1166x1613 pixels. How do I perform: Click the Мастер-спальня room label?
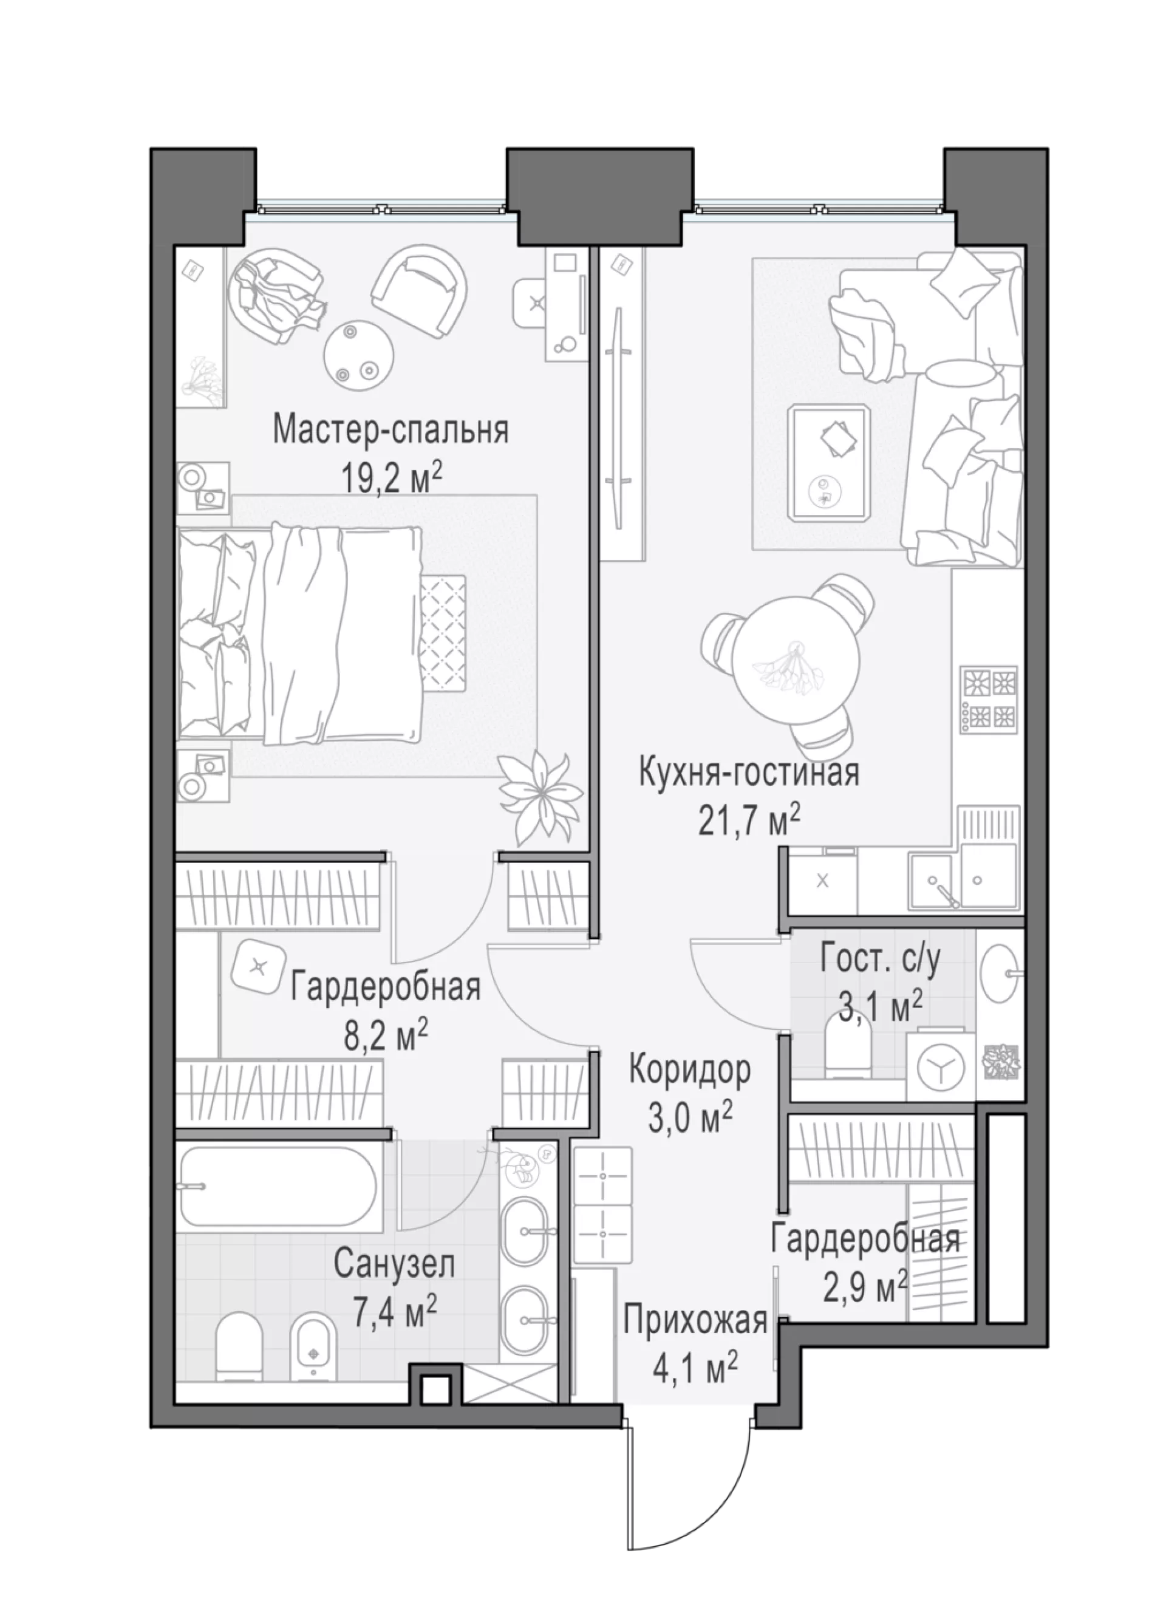point(391,431)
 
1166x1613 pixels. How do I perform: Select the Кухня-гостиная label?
point(749,772)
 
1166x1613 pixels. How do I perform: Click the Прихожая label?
point(695,1321)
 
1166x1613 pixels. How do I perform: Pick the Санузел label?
point(395,1264)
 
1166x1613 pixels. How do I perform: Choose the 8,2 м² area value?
point(386,1036)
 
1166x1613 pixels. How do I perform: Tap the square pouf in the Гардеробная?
point(257,966)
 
